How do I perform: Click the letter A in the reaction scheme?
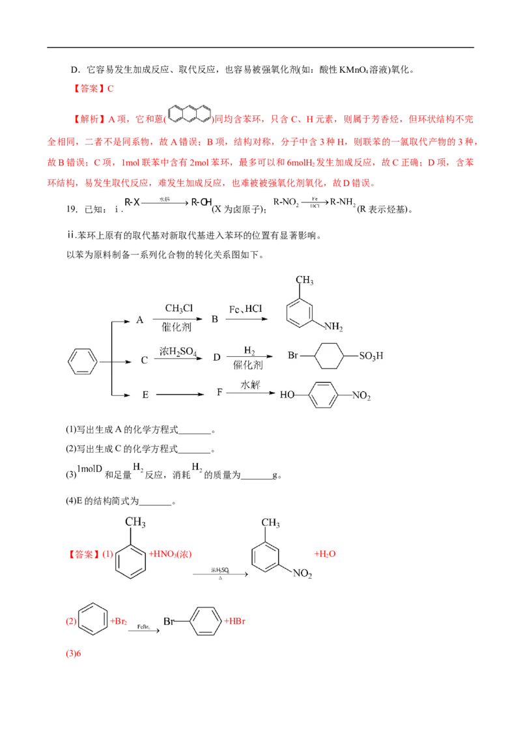click(139, 320)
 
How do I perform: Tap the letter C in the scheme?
click(144, 359)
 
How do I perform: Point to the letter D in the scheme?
click(216, 358)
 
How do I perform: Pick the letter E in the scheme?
click(145, 395)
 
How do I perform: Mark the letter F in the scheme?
click(220, 394)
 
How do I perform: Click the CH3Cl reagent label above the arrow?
click(178, 308)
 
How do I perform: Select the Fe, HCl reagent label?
click(245, 308)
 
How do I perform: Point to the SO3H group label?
click(371, 356)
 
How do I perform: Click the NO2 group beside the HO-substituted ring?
click(361, 396)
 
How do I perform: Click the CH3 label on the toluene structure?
click(135, 523)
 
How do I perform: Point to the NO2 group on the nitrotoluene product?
click(302, 574)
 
